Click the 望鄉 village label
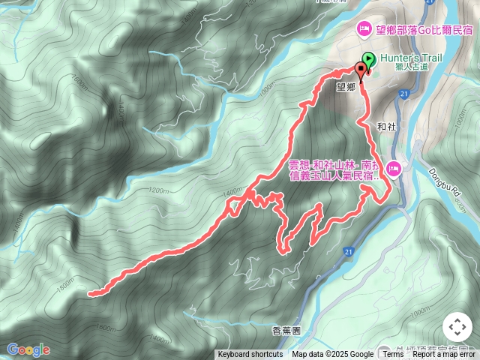[346, 86]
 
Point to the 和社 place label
[386, 126]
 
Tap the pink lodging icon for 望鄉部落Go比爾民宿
[363, 29]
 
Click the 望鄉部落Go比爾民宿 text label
[425, 30]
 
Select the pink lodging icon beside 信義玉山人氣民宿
[394, 170]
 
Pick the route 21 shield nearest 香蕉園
[348, 250]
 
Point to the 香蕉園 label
[286, 330]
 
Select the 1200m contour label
[159, 190]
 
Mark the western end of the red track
[90, 293]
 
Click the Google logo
[28, 349]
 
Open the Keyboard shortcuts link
[250, 355]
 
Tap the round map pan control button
[457, 327]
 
